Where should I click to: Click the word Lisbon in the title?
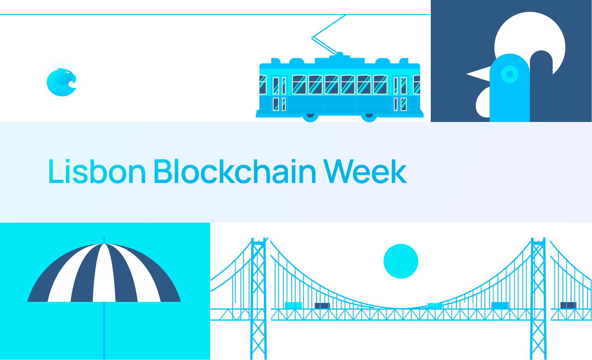point(97,171)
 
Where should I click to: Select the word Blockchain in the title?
point(235,171)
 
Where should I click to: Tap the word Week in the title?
point(365,171)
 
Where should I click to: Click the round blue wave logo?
point(62,80)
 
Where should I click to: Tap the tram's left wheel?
point(310,116)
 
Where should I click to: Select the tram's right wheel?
point(369,116)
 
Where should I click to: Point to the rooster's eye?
point(510,74)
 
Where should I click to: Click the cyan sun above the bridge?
point(401,261)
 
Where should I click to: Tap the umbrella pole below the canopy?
point(104,331)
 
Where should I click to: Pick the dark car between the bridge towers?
point(322,306)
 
